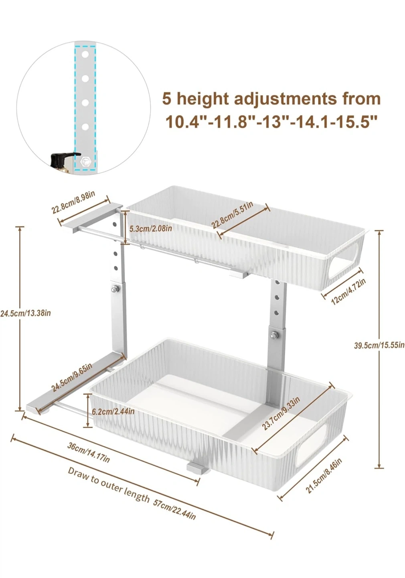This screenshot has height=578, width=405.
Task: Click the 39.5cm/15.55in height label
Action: tap(379, 345)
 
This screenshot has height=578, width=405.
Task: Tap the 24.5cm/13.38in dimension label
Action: tap(25, 313)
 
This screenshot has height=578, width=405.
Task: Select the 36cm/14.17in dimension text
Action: tap(89, 452)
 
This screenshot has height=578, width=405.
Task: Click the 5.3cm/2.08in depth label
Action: tap(150, 228)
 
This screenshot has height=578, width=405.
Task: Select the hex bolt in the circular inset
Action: tap(84, 161)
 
